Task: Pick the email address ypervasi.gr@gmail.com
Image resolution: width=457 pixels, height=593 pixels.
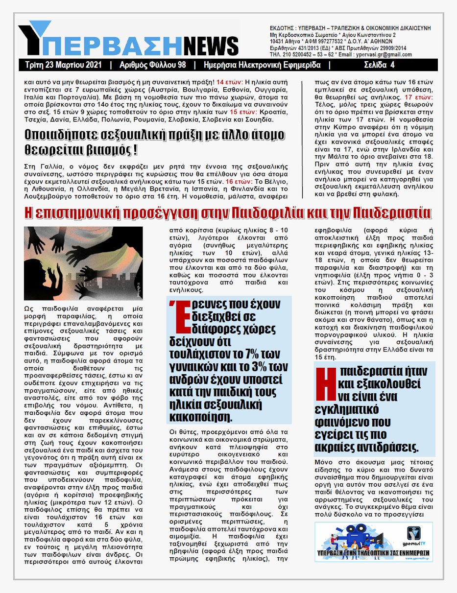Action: (x=387, y=55)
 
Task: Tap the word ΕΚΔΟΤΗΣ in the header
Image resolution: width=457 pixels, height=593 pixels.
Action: (x=283, y=28)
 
